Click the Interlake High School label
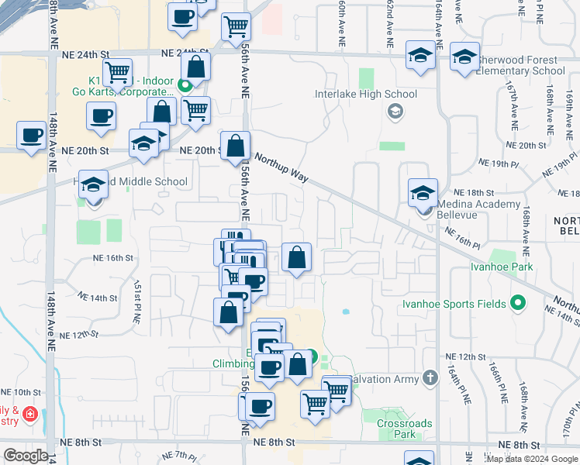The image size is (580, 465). (x=366, y=95)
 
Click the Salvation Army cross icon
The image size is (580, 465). (x=431, y=377)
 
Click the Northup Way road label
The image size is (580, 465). (x=281, y=166)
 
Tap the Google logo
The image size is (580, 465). (x=26, y=456)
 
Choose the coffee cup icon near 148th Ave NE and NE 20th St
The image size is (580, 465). (x=32, y=135)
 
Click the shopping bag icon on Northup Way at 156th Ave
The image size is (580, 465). (x=236, y=145)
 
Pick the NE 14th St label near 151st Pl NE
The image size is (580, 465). (x=98, y=298)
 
